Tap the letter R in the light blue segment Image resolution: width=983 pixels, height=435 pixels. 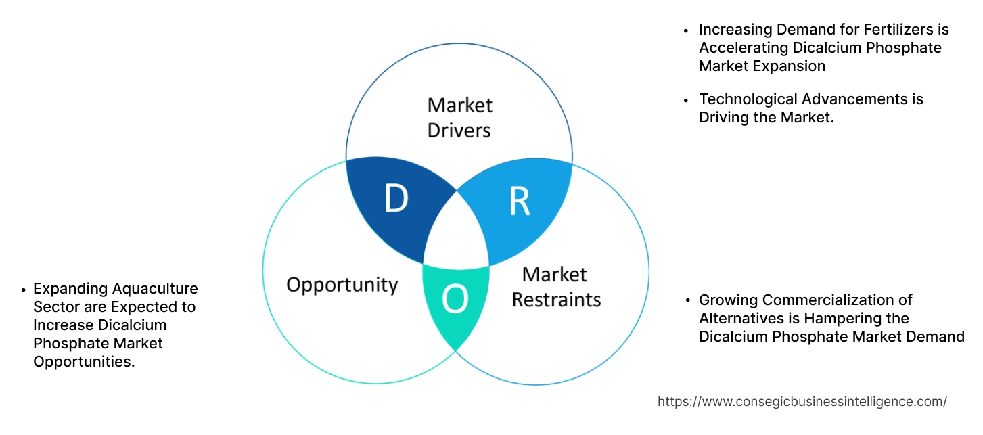519,202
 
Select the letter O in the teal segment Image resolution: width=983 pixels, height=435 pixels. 455,300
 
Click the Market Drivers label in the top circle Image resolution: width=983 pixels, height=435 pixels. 459,117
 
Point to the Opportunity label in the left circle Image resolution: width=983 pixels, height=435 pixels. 342,284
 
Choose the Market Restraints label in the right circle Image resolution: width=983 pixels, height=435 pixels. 555,286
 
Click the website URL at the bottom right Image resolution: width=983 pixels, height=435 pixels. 802,401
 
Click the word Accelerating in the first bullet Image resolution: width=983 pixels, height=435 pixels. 742,48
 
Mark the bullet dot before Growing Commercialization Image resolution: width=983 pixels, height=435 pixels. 687,300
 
